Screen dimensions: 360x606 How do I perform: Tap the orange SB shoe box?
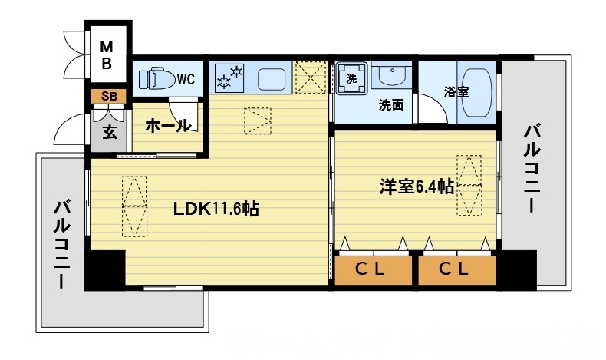109,96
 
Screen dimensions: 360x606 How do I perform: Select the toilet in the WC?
159,78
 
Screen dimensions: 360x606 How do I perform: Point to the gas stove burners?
229,77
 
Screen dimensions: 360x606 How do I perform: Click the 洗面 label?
391,106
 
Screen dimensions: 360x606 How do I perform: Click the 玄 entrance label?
109,130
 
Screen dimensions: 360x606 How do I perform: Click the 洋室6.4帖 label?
416,186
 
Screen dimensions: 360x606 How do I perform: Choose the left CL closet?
373,269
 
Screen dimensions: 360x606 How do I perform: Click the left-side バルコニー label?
62,244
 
